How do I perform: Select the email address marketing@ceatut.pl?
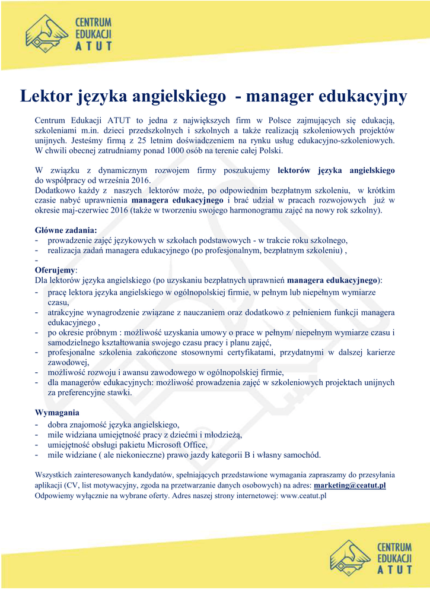[350, 485]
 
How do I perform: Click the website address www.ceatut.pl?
[303, 495]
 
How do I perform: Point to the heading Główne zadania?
[66, 230]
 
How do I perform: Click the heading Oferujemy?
[52, 269]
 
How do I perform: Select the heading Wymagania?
[57, 412]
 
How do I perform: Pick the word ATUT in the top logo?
[93, 46]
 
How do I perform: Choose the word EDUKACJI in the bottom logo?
[394, 559]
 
